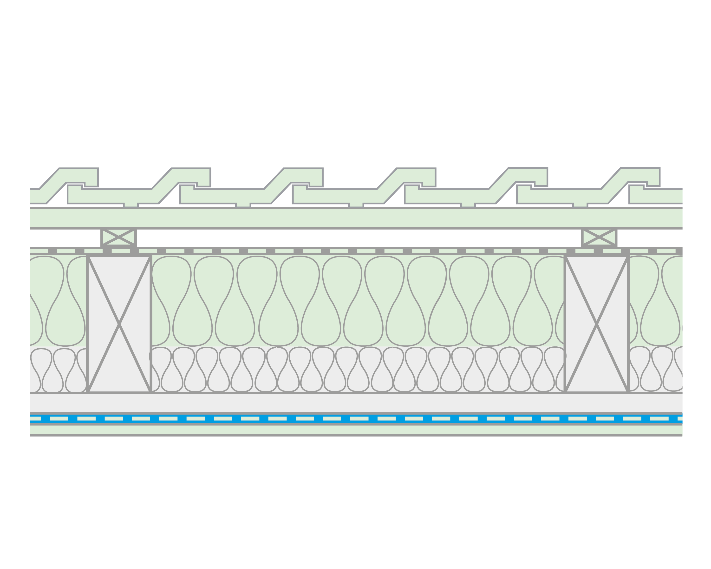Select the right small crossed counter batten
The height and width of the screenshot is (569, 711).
pyautogui.click(x=599, y=237)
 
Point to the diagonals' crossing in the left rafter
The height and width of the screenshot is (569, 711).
pyautogui.click(x=119, y=324)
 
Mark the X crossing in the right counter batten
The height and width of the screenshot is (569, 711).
pyautogui.click(x=599, y=237)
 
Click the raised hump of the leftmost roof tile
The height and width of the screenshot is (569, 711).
pyautogui.click(x=78, y=175)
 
